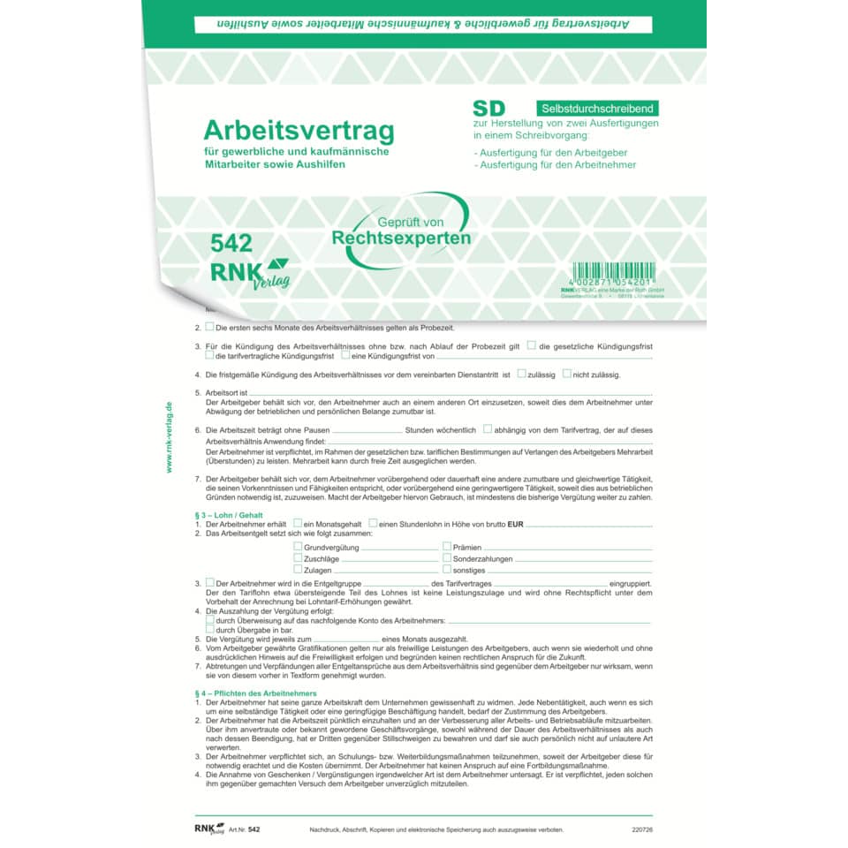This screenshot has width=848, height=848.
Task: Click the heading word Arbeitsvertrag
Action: point(299,130)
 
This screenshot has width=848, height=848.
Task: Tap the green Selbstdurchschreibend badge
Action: point(596,108)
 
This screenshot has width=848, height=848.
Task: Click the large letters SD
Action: point(495,109)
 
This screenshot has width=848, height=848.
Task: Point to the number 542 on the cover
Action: point(231,244)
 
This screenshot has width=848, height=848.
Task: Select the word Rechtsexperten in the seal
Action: point(401,238)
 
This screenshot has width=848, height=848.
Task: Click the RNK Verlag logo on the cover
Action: point(248,274)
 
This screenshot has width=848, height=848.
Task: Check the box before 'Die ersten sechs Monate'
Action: point(209,327)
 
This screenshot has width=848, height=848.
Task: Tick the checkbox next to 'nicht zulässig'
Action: point(567,374)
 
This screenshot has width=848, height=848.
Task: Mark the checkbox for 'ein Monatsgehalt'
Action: point(298,524)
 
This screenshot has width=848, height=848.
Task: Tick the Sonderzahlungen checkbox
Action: point(447,559)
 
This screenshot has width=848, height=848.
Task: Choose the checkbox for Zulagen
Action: point(298,571)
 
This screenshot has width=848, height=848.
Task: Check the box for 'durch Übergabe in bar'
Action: point(209,629)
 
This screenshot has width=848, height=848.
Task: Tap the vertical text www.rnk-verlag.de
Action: point(169,435)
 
